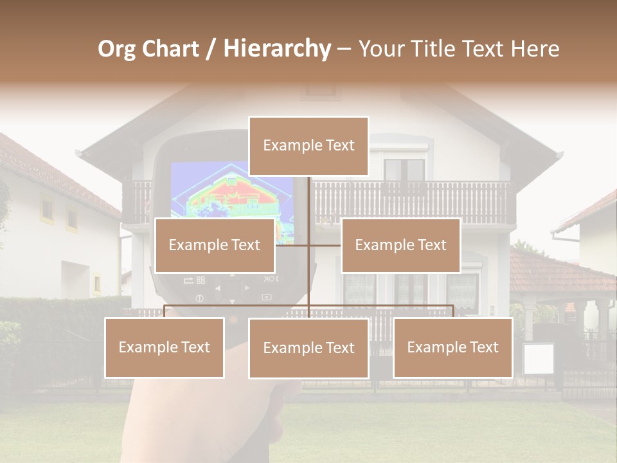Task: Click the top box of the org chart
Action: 308,146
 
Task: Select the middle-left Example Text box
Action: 215,245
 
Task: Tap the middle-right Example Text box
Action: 400,245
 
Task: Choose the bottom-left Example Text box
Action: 165,347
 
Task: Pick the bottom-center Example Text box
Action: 308,348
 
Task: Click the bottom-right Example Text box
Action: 452,347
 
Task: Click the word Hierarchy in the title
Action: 277,48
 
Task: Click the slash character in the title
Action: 210,49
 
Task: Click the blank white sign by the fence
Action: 538,359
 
